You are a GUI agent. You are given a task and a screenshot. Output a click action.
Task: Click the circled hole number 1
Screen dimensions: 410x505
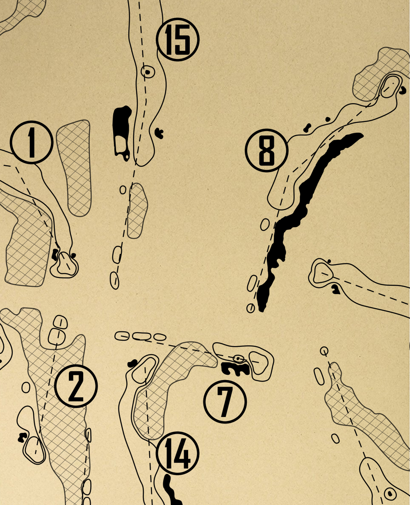pyautogui.click(x=32, y=142)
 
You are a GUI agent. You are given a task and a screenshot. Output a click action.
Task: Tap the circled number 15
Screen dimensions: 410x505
pyautogui.click(x=178, y=40)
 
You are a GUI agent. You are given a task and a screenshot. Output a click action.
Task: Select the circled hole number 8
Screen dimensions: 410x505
pyautogui.click(x=266, y=151)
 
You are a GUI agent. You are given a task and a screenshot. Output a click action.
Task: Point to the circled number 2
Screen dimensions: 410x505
pyautogui.click(x=76, y=386)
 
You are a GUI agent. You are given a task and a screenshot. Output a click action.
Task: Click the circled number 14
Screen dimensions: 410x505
pyautogui.click(x=178, y=453)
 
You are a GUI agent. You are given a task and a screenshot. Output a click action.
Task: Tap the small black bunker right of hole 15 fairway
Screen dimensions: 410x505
pyautogui.click(x=159, y=133)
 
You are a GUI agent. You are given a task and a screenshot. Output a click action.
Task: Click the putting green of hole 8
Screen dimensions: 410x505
pyautogui.click(x=391, y=86)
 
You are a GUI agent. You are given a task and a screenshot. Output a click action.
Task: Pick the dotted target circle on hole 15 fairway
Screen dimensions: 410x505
pyautogui.click(x=148, y=72)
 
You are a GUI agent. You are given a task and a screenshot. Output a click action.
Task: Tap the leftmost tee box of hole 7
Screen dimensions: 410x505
pyautogui.click(x=122, y=336)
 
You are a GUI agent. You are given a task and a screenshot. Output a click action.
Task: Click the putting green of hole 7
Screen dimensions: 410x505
pyautogui.click(x=259, y=363)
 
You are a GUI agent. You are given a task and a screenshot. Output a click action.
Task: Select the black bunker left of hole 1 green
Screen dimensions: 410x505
pyautogui.click(x=55, y=254)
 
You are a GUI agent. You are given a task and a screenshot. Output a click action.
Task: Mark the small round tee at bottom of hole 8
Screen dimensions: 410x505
pyautogui.click(x=251, y=308)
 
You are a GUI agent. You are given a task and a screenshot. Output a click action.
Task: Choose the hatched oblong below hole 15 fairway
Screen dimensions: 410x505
pyautogui.click(x=137, y=211)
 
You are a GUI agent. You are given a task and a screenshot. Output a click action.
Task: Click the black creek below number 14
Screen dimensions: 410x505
pyautogui.click(x=172, y=491)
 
